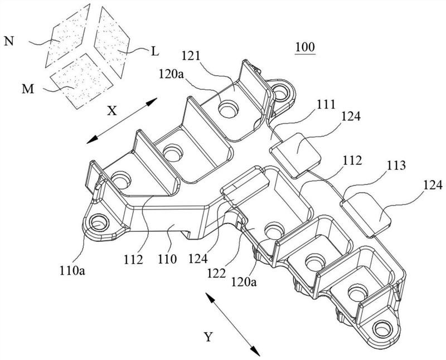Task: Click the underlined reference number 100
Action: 306,48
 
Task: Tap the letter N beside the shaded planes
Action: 9,40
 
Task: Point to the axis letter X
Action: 111,111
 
